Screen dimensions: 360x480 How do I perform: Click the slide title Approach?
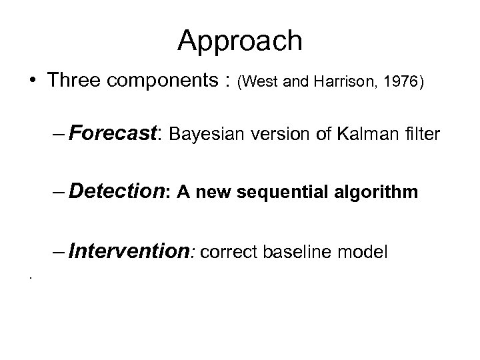click(x=240, y=41)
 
